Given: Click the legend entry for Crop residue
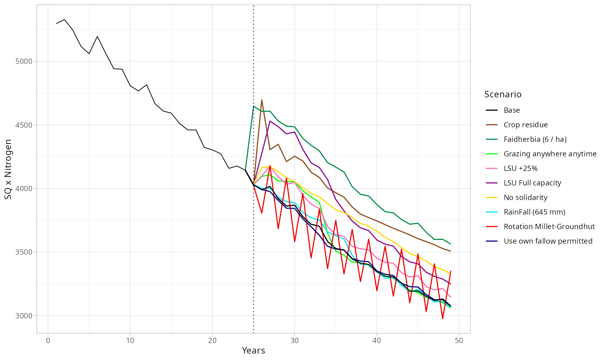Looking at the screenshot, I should point(525,125).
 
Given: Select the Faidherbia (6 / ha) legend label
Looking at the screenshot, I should point(535,139).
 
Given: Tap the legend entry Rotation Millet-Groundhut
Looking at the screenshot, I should point(549,227).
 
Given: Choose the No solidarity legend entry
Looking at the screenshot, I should point(525,198).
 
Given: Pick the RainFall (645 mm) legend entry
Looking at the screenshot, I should point(534,212).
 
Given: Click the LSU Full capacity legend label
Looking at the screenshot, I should point(532,183).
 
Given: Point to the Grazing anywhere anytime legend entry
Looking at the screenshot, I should point(550,154).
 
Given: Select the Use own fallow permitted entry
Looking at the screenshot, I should point(548,241).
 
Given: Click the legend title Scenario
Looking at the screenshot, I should point(503,95).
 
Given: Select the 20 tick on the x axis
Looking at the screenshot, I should point(213,341).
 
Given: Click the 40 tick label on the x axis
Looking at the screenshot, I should point(377,341).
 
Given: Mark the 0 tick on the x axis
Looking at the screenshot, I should point(48,341).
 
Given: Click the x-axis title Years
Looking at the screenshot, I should point(253,351).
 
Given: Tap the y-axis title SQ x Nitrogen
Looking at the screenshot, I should point(8,169).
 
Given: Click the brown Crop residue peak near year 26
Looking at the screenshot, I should point(262,100).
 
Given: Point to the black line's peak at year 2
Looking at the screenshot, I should point(65,19).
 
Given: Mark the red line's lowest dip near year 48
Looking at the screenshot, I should point(442,319).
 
